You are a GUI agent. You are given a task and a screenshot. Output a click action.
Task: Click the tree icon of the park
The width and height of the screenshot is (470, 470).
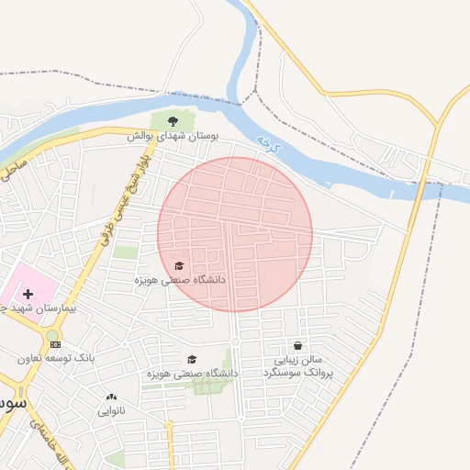[x=173, y=119]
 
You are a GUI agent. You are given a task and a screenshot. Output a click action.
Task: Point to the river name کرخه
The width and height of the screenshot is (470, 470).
[x=267, y=143]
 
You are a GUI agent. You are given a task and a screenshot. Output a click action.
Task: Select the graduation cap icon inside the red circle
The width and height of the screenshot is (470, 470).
[x=178, y=265]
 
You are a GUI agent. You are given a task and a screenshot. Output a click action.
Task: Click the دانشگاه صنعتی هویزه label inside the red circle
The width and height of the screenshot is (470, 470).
[x=180, y=279]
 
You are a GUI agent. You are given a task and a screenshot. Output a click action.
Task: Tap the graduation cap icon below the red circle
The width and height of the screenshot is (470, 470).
[x=192, y=359]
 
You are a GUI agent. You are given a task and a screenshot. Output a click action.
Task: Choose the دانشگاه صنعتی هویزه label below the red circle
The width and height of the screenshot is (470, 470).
[x=191, y=374]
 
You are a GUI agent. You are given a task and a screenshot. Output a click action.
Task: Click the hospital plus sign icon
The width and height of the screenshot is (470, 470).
[x=28, y=294]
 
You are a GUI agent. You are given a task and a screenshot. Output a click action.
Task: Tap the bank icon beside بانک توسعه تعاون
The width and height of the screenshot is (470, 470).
[x=55, y=343]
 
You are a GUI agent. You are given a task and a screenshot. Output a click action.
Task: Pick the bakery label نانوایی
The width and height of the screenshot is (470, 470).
[x=112, y=411]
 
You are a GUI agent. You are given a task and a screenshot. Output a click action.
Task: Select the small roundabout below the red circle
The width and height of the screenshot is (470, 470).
[x=235, y=342]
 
